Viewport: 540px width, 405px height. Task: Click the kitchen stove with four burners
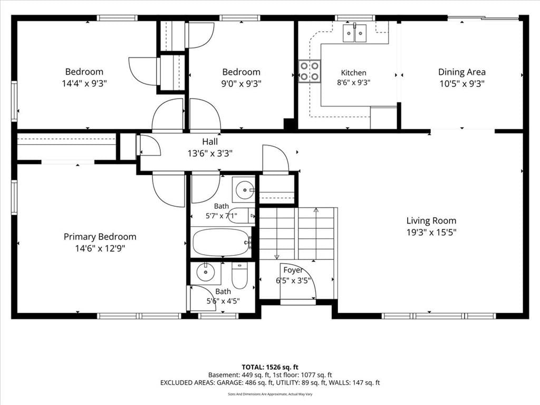(310, 71)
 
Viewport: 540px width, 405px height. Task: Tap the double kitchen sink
(354, 33)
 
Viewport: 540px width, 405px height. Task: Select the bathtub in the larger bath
(221, 242)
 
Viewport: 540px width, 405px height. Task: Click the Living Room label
(431, 220)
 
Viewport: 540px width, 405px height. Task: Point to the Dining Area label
(462, 72)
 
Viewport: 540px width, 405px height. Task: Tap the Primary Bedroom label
(100, 237)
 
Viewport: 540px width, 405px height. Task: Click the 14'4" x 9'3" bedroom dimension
(84, 83)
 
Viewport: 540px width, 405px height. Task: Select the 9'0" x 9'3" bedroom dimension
(242, 83)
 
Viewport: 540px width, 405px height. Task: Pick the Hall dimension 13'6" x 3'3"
(210, 153)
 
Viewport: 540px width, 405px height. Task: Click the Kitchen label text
(354, 73)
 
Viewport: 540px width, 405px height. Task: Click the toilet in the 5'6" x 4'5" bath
(240, 275)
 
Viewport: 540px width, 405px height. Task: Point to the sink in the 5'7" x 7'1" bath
(244, 189)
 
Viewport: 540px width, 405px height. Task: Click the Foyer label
(293, 271)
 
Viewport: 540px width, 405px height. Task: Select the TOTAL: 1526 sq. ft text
(270, 367)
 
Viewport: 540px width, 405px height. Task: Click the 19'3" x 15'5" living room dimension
(431, 232)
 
